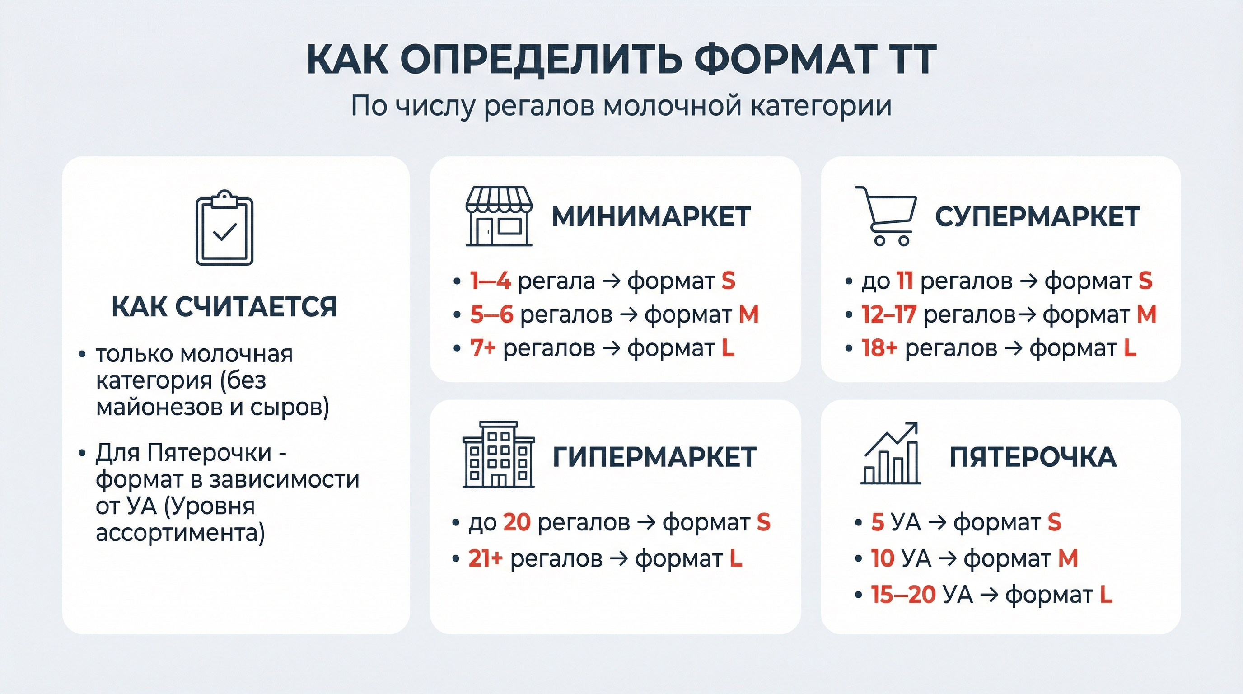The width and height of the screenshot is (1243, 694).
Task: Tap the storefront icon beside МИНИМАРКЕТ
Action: [x=499, y=216]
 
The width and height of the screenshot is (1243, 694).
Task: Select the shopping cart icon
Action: [x=885, y=216]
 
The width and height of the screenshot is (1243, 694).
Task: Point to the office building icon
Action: [x=499, y=455]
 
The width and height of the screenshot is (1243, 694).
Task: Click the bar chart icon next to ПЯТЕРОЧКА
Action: [x=891, y=453]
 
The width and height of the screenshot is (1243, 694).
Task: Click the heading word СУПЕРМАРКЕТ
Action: [x=1037, y=217]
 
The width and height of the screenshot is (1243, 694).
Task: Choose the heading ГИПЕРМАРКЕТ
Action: [x=654, y=457]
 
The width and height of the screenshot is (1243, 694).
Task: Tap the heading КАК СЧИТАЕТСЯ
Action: [x=224, y=306]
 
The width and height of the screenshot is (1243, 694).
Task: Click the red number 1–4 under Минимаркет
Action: [x=490, y=281]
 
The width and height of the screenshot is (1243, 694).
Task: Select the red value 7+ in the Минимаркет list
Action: [x=483, y=348]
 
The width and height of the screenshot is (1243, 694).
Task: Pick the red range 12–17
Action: [x=889, y=314]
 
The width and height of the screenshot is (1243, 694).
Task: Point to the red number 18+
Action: [x=879, y=348]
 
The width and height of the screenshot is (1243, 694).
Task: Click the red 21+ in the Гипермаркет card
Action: [x=486, y=558]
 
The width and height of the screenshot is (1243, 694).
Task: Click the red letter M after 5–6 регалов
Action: [x=749, y=314]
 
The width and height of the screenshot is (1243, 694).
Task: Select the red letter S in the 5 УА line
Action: [x=1054, y=522]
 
